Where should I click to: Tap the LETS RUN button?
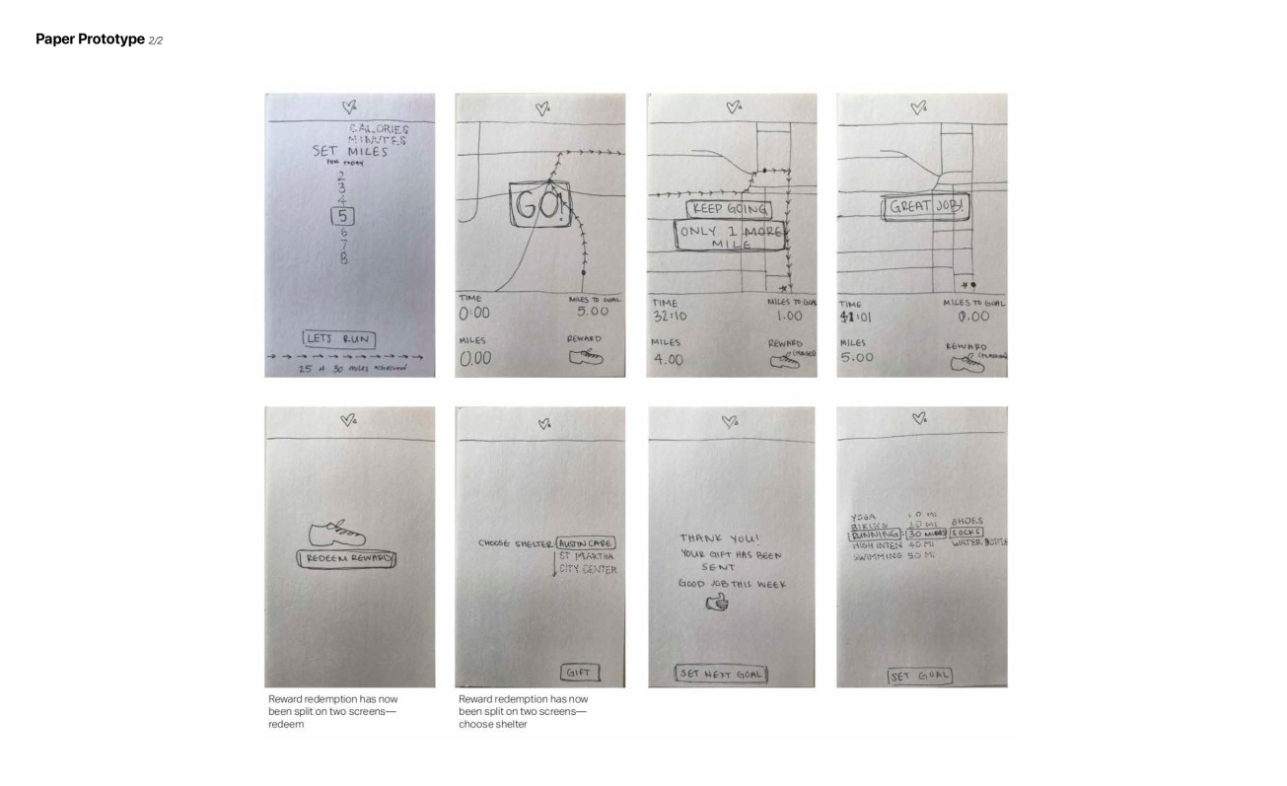pos(340,338)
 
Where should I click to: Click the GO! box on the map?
pos(539,208)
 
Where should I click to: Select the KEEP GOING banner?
pos(728,210)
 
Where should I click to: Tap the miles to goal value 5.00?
pos(592,311)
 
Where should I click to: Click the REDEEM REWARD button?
pos(347,559)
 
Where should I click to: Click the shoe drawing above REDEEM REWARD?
pos(337,534)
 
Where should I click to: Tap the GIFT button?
pos(579,673)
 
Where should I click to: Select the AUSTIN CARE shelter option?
pos(589,542)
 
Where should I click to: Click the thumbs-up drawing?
pos(716,603)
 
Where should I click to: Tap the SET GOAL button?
pos(919,676)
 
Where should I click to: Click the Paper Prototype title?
pos(90,39)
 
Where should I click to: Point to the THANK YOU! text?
pos(719,538)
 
